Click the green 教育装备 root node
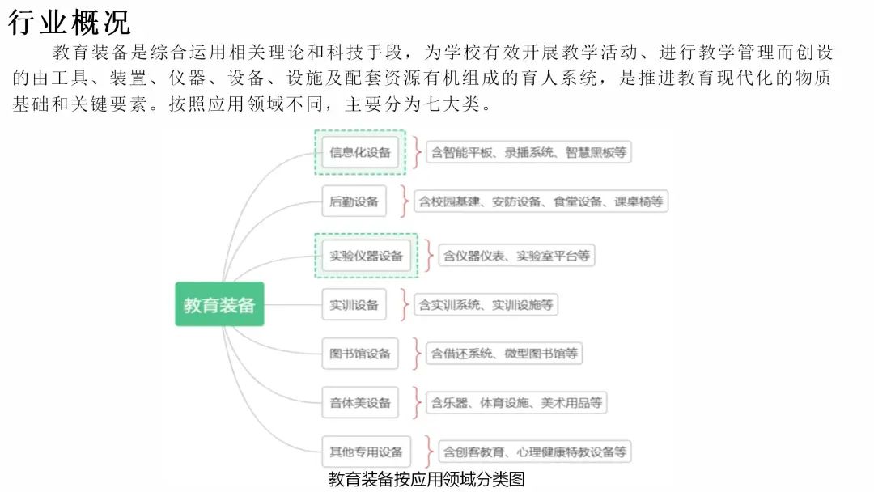[219, 304]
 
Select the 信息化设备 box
[360, 152]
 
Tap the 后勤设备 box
[354, 201]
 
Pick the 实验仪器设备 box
[366, 256]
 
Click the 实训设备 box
[354, 305]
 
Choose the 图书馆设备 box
[360, 354]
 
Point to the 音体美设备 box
[360, 402]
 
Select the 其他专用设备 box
[366, 452]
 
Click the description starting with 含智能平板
[528, 152]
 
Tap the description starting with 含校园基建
[541, 201]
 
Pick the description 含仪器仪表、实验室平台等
[516, 256]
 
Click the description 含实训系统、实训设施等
[486, 305]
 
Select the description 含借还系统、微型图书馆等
[504, 354]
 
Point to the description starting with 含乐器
[516, 402]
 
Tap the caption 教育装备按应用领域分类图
[426, 479]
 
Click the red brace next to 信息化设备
[416, 152]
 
